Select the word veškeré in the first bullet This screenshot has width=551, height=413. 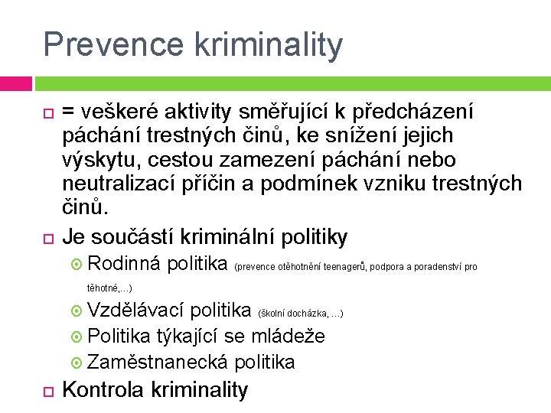click(x=127, y=112)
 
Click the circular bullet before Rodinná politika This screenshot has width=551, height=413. click(x=78, y=265)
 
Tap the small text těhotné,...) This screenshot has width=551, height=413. click(x=109, y=288)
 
